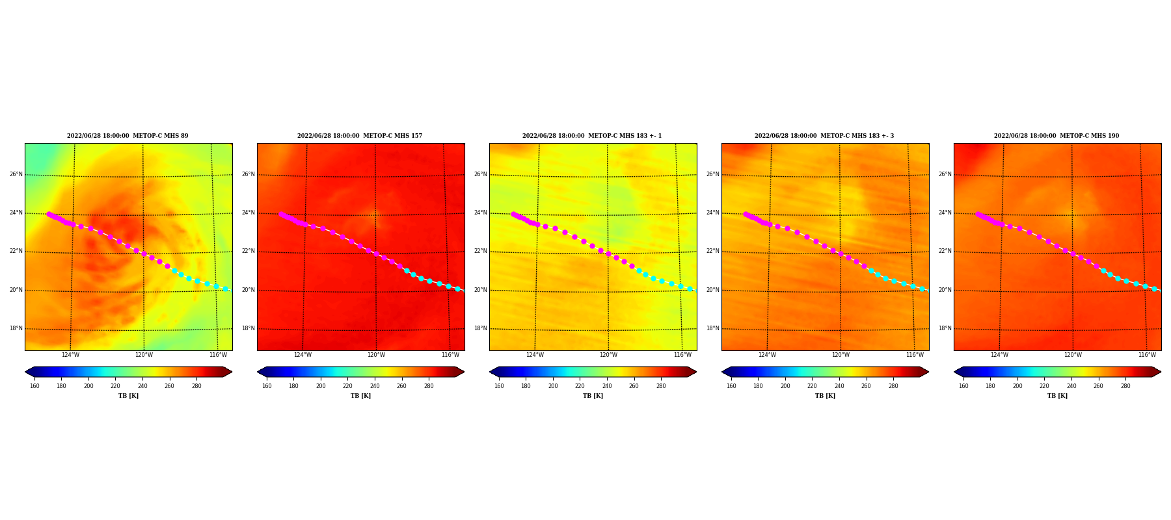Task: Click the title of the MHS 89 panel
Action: click(x=128, y=136)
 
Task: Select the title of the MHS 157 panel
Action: click(x=360, y=136)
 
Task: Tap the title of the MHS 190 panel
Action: click(x=1057, y=136)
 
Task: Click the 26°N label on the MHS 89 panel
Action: click(x=16, y=174)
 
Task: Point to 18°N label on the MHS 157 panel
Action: click(x=249, y=328)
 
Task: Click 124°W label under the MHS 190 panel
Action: click(x=999, y=355)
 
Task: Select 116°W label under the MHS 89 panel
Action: click(x=218, y=355)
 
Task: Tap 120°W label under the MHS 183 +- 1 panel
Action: click(x=608, y=355)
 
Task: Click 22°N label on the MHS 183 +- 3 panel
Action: click(x=713, y=251)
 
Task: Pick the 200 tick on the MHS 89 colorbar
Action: click(x=88, y=386)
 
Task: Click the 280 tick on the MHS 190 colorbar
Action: click(x=1125, y=386)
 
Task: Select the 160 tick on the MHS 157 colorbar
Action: click(x=267, y=386)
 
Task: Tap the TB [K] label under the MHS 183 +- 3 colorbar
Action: click(x=825, y=396)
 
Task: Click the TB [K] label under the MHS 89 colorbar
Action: click(x=128, y=396)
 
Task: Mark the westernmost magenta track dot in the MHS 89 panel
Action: click(x=49, y=214)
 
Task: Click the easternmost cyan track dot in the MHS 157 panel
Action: click(x=457, y=289)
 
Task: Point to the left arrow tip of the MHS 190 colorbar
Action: click(x=954, y=372)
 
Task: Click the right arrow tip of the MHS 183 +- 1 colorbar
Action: click(x=697, y=372)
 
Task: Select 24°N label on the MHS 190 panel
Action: click(x=945, y=213)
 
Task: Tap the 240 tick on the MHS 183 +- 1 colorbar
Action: click(x=607, y=386)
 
